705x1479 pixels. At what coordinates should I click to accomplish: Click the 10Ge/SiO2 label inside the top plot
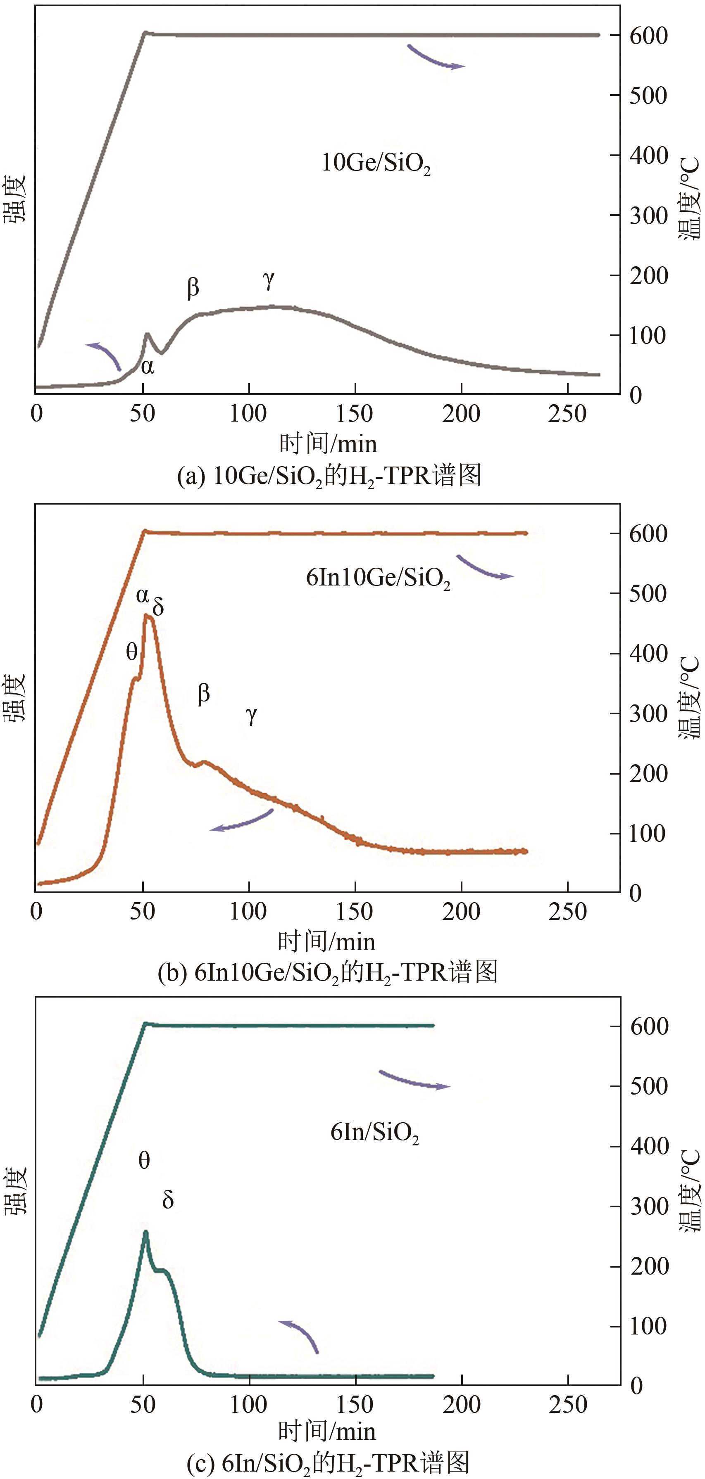tap(376, 164)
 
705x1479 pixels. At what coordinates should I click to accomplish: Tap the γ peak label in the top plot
tap(268, 280)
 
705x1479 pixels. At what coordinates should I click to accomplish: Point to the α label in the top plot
tap(147, 366)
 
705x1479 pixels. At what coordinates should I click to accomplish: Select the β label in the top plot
tap(193, 287)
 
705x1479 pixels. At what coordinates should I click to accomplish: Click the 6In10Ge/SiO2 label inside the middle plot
tap(377, 578)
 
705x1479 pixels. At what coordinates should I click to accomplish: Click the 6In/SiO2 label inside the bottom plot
tap(375, 1132)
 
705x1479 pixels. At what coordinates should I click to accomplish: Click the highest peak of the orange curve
tap(147, 616)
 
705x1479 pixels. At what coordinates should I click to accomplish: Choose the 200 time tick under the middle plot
tap(461, 911)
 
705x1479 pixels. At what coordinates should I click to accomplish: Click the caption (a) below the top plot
tap(329, 476)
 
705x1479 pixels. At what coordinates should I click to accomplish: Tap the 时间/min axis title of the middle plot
tap(326, 941)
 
